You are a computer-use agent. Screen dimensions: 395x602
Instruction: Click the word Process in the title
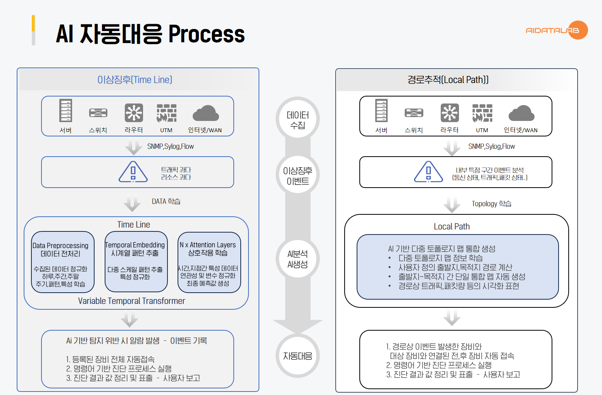(x=206, y=34)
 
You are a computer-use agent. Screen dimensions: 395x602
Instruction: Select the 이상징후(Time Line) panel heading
(x=135, y=80)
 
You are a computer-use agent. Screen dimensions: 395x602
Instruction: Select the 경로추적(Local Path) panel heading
(x=448, y=80)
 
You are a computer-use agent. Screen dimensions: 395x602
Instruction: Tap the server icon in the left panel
(x=66, y=111)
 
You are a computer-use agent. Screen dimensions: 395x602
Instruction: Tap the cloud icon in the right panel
(x=521, y=113)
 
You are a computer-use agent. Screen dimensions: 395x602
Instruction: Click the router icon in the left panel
(x=134, y=113)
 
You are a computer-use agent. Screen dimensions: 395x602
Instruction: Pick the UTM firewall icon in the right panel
(x=482, y=113)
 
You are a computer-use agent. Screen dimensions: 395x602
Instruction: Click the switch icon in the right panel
(x=414, y=113)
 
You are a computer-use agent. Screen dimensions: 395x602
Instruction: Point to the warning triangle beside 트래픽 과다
(x=133, y=172)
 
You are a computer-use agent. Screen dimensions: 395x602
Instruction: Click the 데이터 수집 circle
(x=298, y=119)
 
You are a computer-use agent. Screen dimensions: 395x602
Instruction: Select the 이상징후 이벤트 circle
(x=298, y=176)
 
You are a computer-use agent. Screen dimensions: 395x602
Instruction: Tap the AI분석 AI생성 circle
(x=298, y=259)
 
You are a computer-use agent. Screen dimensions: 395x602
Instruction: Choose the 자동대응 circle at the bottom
(x=298, y=356)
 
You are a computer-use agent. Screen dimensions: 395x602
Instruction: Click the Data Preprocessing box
(x=63, y=262)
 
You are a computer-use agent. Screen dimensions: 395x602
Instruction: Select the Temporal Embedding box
(x=136, y=261)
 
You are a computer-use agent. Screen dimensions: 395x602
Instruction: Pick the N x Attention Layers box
(x=209, y=262)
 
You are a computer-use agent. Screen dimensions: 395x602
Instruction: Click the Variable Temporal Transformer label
(x=131, y=301)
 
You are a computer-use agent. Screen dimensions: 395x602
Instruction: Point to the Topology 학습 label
(x=491, y=204)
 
